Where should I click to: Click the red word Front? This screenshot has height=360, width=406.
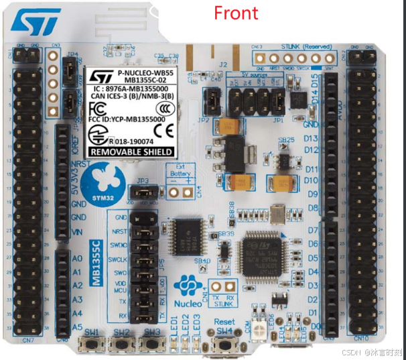tap(235, 13)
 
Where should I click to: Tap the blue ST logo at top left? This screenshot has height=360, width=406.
tap(36, 22)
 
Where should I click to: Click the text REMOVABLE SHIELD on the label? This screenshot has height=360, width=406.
tap(131, 152)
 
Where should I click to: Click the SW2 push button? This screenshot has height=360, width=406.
tap(121, 343)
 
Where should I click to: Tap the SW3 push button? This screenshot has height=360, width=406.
tap(152, 343)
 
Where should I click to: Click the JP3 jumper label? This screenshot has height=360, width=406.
tap(141, 180)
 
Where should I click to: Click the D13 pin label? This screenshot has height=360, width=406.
tap(311, 139)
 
